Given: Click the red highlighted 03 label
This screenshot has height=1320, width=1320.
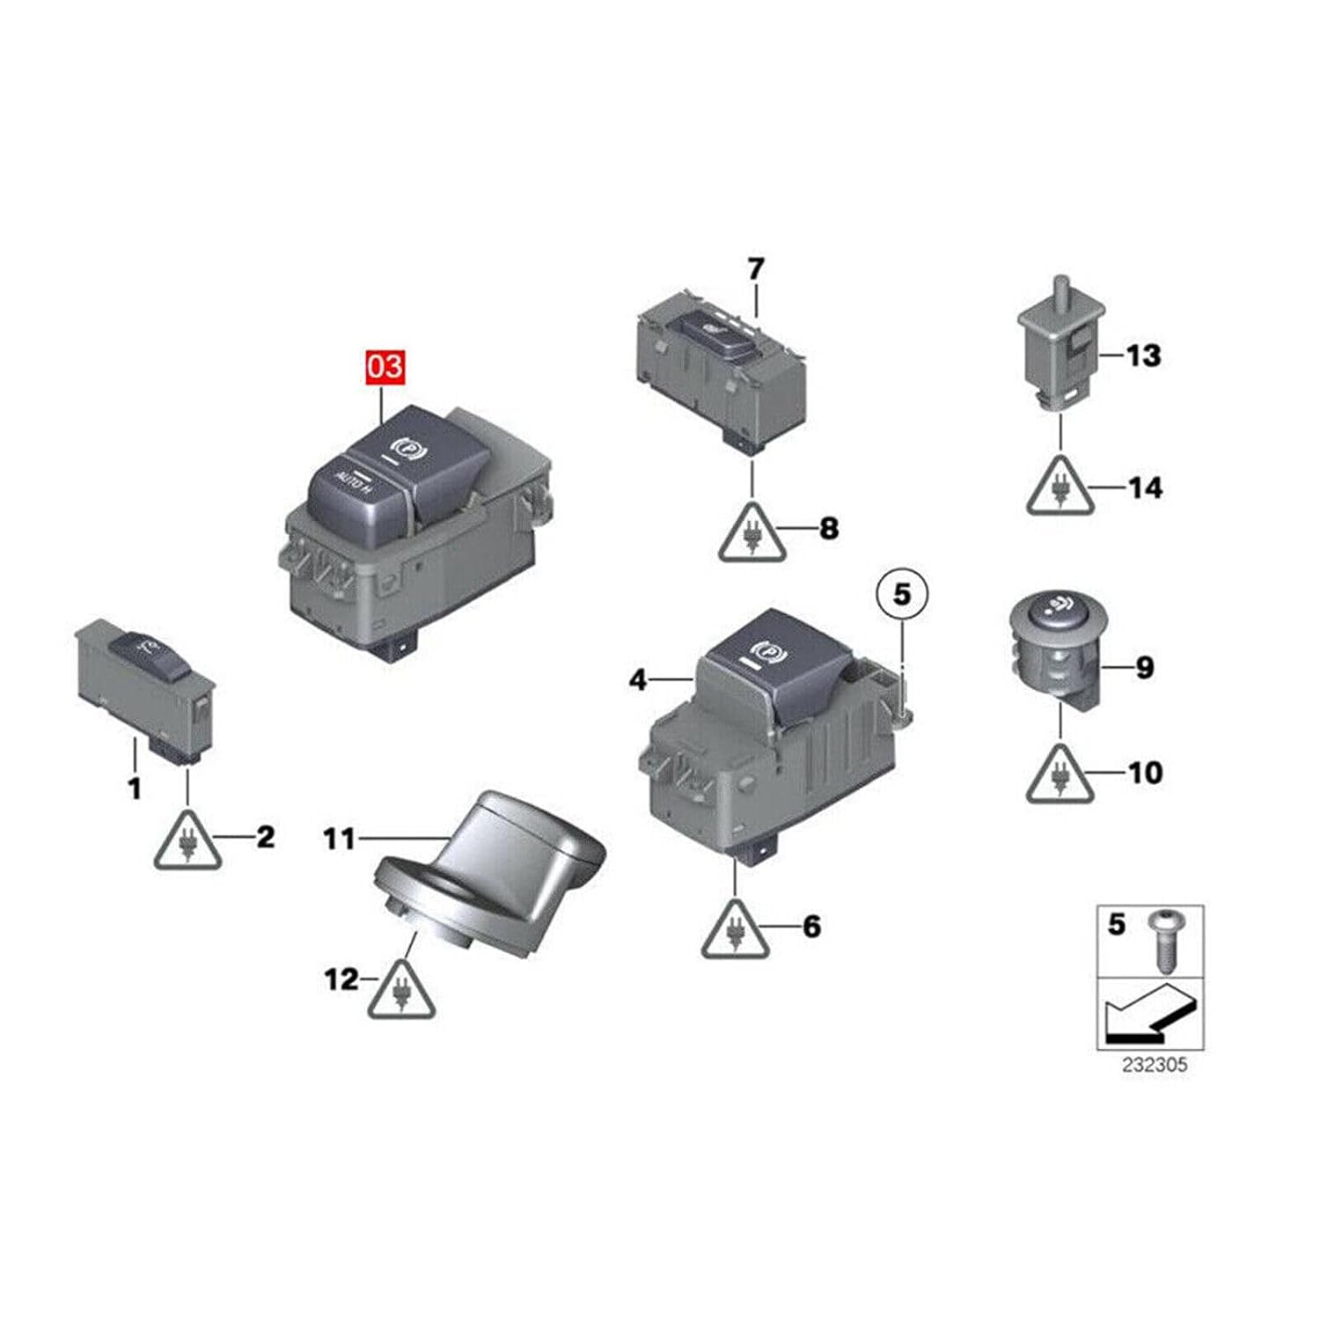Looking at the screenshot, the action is (x=385, y=367).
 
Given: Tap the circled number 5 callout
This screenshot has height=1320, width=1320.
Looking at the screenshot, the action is (x=902, y=595).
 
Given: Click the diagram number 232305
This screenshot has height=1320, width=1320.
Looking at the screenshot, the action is (x=1154, y=1065).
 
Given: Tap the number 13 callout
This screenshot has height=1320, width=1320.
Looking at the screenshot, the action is (x=1144, y=356).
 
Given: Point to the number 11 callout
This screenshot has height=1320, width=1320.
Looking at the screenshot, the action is (x=339, y=839).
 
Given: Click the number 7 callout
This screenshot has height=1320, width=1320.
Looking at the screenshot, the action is (x=757, y=268).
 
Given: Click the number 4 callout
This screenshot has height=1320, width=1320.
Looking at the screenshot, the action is (x=638, y=679).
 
